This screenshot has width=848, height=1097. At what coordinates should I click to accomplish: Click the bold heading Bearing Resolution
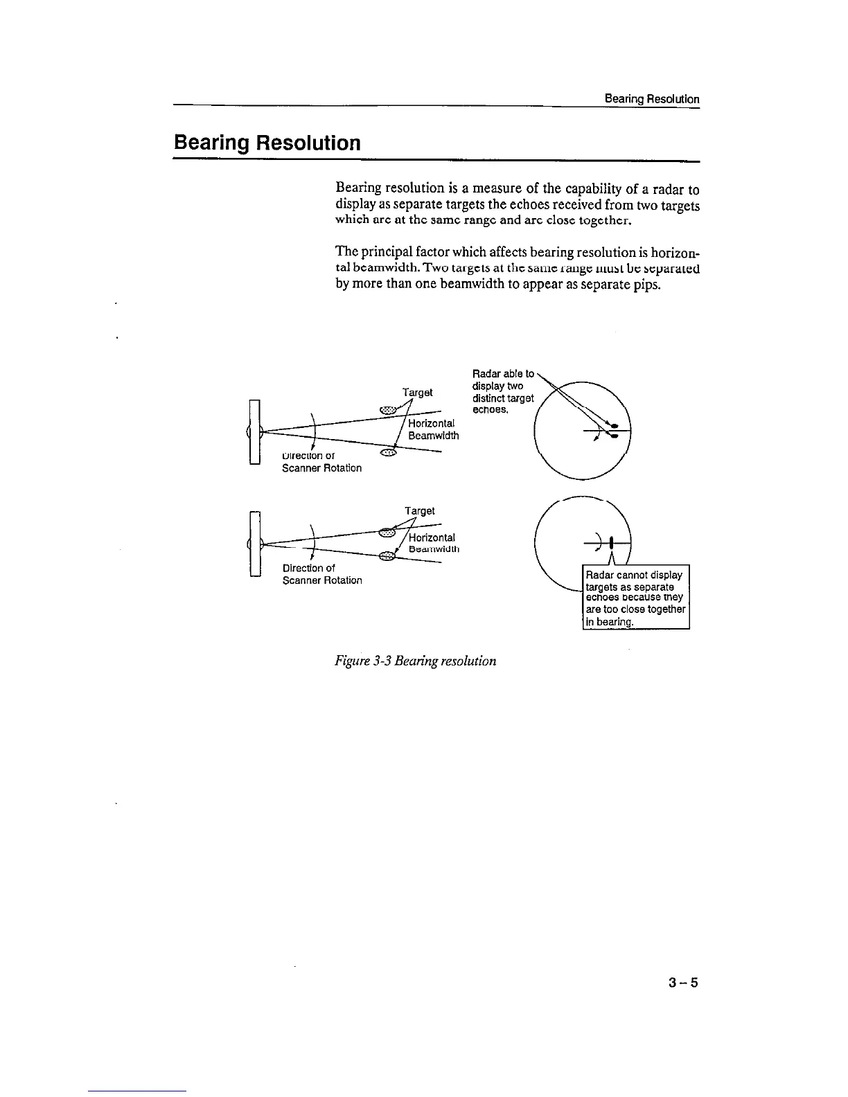[x=267, y=143]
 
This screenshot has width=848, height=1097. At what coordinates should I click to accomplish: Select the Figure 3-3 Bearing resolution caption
[x=415, y=661]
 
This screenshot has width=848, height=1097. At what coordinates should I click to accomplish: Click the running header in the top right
[x=651, y=99]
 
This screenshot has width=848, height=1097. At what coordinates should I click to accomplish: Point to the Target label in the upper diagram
[x=418, y=393]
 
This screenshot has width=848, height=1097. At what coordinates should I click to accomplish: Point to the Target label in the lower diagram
[x=420, y=511]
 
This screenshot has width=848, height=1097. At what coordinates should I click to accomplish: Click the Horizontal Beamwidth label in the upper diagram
[x=432, y=429]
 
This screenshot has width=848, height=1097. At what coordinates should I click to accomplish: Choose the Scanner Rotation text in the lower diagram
[x=322, y=580]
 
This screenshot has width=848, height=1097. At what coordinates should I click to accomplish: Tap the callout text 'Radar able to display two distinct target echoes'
[x=502, y=391]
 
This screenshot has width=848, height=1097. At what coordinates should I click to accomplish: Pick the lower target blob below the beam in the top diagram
[x=389, y=454]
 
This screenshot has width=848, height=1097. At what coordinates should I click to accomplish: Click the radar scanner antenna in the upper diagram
[x=254, y=431]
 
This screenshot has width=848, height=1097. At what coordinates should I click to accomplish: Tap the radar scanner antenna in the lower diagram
[x=254, y=544]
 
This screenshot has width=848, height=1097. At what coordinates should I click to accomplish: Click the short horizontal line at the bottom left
[x=137, y=1091]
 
